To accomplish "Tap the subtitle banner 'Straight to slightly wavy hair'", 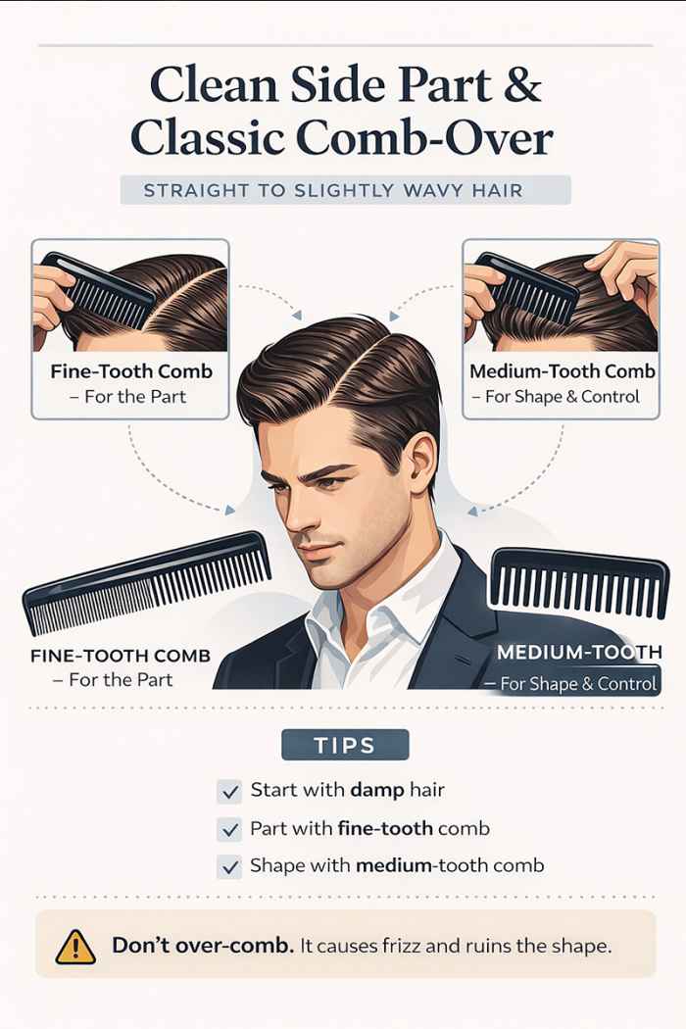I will [345, 190].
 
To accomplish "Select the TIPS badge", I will [345, 745].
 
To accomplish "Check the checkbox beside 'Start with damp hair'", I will [229, 791].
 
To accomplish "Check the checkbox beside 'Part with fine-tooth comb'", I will [229, 829].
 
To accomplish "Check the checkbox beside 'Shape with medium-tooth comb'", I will [229, 866].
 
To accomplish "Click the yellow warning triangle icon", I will [75, 946].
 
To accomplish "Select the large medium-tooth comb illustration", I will [578, 583].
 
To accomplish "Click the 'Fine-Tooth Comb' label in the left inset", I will [130, 372].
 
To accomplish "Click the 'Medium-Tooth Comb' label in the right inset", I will [560, 372].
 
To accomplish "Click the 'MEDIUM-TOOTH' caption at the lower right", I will [578, 653].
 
